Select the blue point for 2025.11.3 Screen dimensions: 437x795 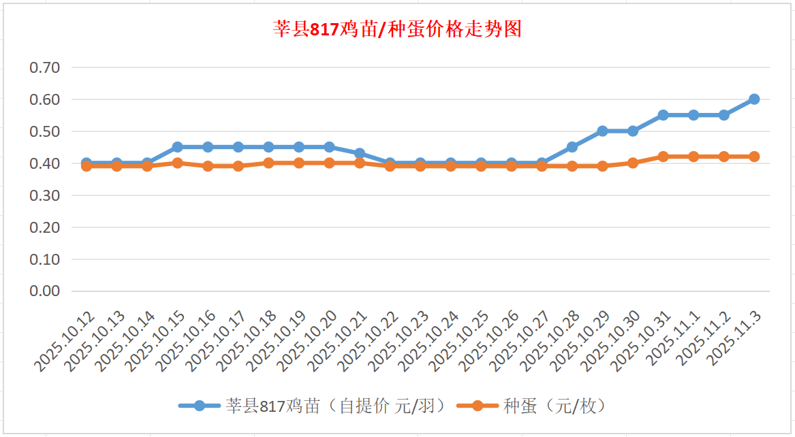point(754,99)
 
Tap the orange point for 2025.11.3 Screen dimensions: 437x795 point(754,157)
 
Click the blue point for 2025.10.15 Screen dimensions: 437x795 point(177,147)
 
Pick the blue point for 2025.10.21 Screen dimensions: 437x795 point(360,154)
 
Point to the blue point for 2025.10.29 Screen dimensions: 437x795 point(602,131)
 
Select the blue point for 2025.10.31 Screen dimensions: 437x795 point(663,115)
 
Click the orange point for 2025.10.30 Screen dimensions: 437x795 point(633,163)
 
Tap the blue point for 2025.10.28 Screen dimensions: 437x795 point(572,147)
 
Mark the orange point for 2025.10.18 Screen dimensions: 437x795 point(268,163)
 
